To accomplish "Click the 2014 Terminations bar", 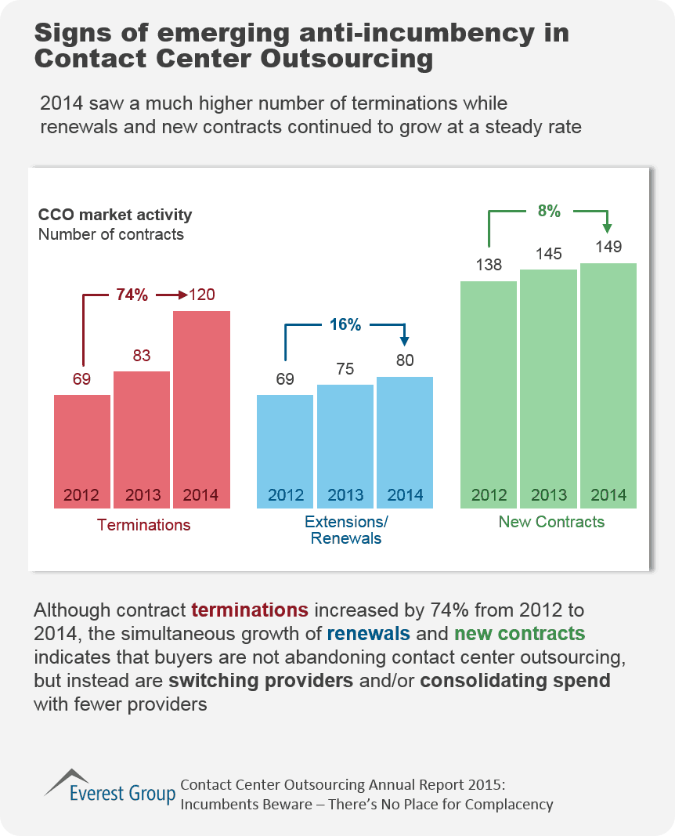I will [x=201, y=407].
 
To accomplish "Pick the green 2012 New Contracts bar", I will [x=489, y=392].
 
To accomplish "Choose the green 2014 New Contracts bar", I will [x=608, y=384].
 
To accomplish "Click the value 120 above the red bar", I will [x=201, y=295].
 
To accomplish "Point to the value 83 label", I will [x=142, y=355].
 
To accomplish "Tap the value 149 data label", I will [x=608, y=247].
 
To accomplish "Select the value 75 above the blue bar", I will [x=345, y=369].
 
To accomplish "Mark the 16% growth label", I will [x=345, y=324].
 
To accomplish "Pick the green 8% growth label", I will [x=548, y=211].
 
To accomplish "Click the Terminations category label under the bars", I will [x=143, y=525].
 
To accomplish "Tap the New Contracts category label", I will [x=551, y=522].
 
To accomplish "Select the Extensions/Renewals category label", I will [x=345, y=530].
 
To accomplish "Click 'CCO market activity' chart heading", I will [x=115, y=215].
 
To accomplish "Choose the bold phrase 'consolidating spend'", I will [x=515, y=680].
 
